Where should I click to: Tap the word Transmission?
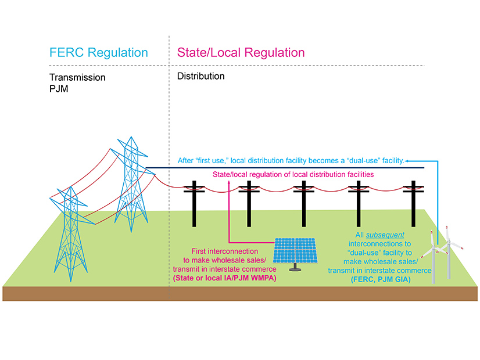[x=77, y=77]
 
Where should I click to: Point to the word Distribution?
[x=200, y=76]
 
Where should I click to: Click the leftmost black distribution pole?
[x=194, y=203]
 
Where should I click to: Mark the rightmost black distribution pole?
[x=413, y=203]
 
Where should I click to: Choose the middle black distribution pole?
[x=303, y=203]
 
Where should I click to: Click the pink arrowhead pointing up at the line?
[x=230, y=183]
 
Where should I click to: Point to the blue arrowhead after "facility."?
[x=408, y=160]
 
